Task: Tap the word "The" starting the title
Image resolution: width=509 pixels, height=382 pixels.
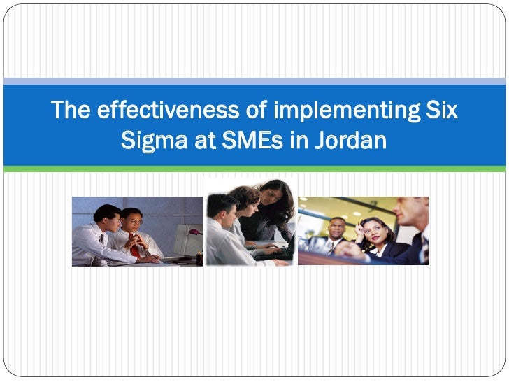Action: [72, 111]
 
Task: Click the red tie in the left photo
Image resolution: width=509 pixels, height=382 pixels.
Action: [134, 249]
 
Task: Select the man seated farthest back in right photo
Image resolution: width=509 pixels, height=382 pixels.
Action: [338, 231]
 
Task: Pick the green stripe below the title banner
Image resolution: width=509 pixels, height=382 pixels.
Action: [254, 169]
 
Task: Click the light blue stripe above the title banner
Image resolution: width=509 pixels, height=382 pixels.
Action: [254, 81]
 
